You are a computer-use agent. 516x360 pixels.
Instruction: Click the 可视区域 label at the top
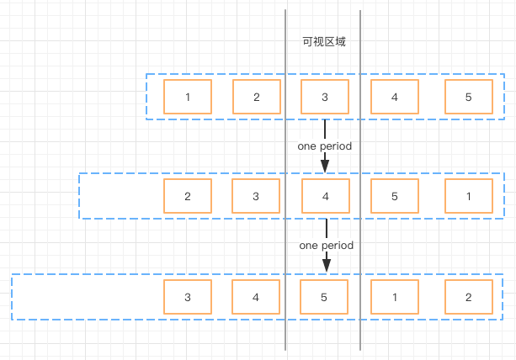pyautogui.click(x=324, y=42)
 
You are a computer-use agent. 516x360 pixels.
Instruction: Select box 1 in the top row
pyautogui.click(x=188, y=97)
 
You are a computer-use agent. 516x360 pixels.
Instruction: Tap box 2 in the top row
pyautogui.click(x=257, y=97)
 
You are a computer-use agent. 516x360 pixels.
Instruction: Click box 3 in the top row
pyautogui.click(x=325, y=97)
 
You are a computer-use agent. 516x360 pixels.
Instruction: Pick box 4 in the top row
pyautogui.click(x=395, y=97)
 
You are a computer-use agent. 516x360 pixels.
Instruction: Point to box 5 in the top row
pyautogui.click(x=469, y=97)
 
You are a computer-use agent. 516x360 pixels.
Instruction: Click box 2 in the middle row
pyautogui.click(x=188, y=196)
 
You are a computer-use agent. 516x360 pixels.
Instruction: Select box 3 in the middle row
pyautogui.click(x=256, y=196)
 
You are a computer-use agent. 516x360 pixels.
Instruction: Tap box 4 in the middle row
pyautogui.click(x=326, y=196)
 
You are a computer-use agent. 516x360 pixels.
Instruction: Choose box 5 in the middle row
pyautogui.click(x=395, y=196)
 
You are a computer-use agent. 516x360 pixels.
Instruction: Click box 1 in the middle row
pyautogui.click(x=469, y=196)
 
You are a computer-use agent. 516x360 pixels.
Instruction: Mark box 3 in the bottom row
pyautogui.click(x=188, y=297)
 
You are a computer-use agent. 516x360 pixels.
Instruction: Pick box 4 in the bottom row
pyautogui.click(x=256, y=297)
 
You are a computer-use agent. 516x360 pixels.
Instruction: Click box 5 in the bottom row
pyautogui.click(x=324, y=297)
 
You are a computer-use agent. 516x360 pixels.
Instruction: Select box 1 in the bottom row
pyautogui.click(x=395, y=297)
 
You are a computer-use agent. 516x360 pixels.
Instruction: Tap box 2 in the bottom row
pyautogui.click(x=469, y=297)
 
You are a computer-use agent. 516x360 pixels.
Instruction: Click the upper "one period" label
pyautogui.click(x=325, y=146)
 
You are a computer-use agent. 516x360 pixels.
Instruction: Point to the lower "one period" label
pyautogui.click(x=327, y=246)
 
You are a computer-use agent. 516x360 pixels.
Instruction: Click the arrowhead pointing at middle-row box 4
pyautogui.click(x=325, y=167)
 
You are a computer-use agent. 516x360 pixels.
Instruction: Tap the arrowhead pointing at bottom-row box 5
pyautogui.click(x=327, y=266)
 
